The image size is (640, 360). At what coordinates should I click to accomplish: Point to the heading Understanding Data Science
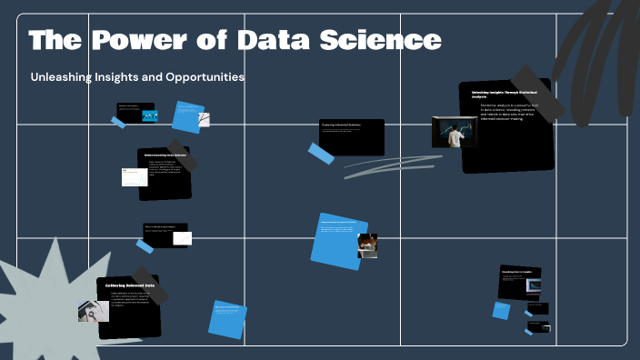166,155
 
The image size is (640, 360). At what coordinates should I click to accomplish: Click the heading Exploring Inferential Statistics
342,125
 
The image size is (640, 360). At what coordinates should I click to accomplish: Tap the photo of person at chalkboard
451,132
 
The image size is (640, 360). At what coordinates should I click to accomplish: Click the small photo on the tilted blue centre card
367,245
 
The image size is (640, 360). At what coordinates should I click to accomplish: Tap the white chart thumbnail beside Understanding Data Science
135,177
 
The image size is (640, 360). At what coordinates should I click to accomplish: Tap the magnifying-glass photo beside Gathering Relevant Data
93,310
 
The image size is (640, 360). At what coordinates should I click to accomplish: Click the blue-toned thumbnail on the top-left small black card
151,115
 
